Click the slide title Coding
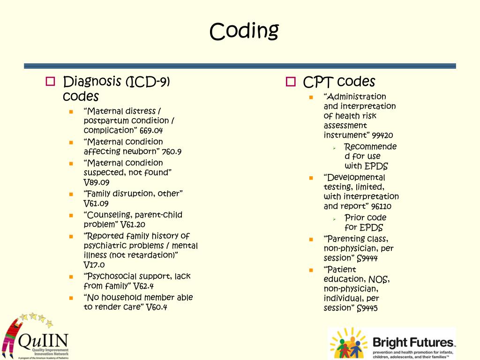click(x=244, y=32)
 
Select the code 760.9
click(x=172, y=151)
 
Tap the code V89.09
click(x=97, y=182)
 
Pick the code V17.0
click(x=94, y=265)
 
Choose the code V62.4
click(x=143, y=286)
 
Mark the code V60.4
click(x=157, y=307)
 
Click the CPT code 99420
click(x=382, y=135)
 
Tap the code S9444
click(x=367, y=258)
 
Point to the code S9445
click(x=367, y=308)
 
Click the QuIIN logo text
click(x=43, y=340)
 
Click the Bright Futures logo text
click(x=412, y=342)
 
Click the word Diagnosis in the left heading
click(x=92, y=82)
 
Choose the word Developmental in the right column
click(x=354, y=178)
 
